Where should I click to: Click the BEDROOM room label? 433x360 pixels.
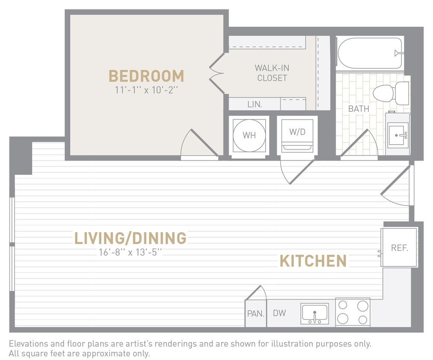(x=146, y=76)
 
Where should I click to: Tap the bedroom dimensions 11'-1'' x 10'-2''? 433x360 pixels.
(x=146, y=91)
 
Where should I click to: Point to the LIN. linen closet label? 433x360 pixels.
(x=255, y=104)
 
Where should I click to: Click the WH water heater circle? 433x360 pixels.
(x=249, y=135)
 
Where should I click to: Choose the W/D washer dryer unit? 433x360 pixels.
(x=297, y=135)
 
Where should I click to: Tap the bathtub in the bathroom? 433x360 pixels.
(x=370, y=53)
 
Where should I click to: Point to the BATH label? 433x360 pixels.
(x=358, y=109)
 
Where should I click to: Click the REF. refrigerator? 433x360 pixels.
(x=399, y=248)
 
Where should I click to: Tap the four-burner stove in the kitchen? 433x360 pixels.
(x=352, y=312)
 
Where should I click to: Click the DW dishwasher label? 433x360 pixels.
(x=279, y=313)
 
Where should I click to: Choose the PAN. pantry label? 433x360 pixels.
(x=256, y=314)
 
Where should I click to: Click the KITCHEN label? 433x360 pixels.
(x=313, y=261)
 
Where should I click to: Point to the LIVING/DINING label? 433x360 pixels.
(x=130, y=238)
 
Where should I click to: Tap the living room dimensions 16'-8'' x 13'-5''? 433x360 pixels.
(x=130, y=252)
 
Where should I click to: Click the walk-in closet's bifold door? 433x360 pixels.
(x=217, y=73)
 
